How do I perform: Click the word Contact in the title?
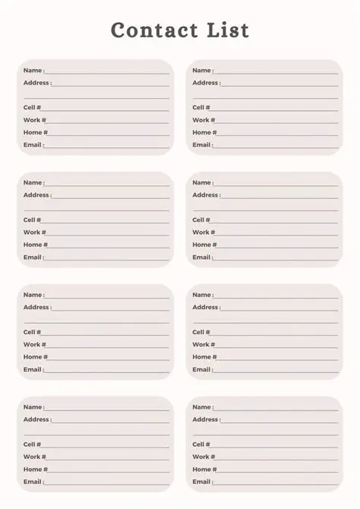(x=154, y=30)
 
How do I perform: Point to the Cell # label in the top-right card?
(x=201, y=108)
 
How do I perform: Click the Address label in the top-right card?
(x=206, y=83)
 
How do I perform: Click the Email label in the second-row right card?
(x=202, y=258)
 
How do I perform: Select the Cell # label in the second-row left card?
(x=32, y=220)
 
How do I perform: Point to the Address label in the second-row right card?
(x=206, y=195)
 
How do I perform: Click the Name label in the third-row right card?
(x=202, y=295)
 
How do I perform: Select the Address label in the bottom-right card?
(x=206, y=419)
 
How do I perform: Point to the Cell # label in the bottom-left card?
(x=32, y=444)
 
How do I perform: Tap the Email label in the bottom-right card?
(x=202, y=482)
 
